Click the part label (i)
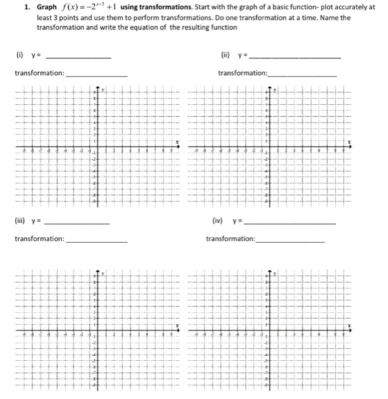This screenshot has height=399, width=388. pyautogui.click(x=19, y=55)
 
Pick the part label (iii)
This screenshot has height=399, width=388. pyautogui.click(x=21, y=222)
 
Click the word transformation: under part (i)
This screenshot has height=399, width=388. pyautogui.click(x=39, y=74)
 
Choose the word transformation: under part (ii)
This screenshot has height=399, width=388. pyautogui.click(x=242, y=74)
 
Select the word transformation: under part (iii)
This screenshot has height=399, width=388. pyautogui.click(x=39, y=239)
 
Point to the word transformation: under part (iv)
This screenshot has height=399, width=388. pyautogui.click(x=231, y=239)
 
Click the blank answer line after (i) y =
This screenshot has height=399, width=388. pyautogui.click(x=79, y=58)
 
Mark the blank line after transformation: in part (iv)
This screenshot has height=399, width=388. pyautogui.click(x=290, y=241)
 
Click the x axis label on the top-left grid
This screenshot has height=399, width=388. pyautogui.click(x=176, y=142)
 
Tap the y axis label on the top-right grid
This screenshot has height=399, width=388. pyautogui.click(x=274, y=90)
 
